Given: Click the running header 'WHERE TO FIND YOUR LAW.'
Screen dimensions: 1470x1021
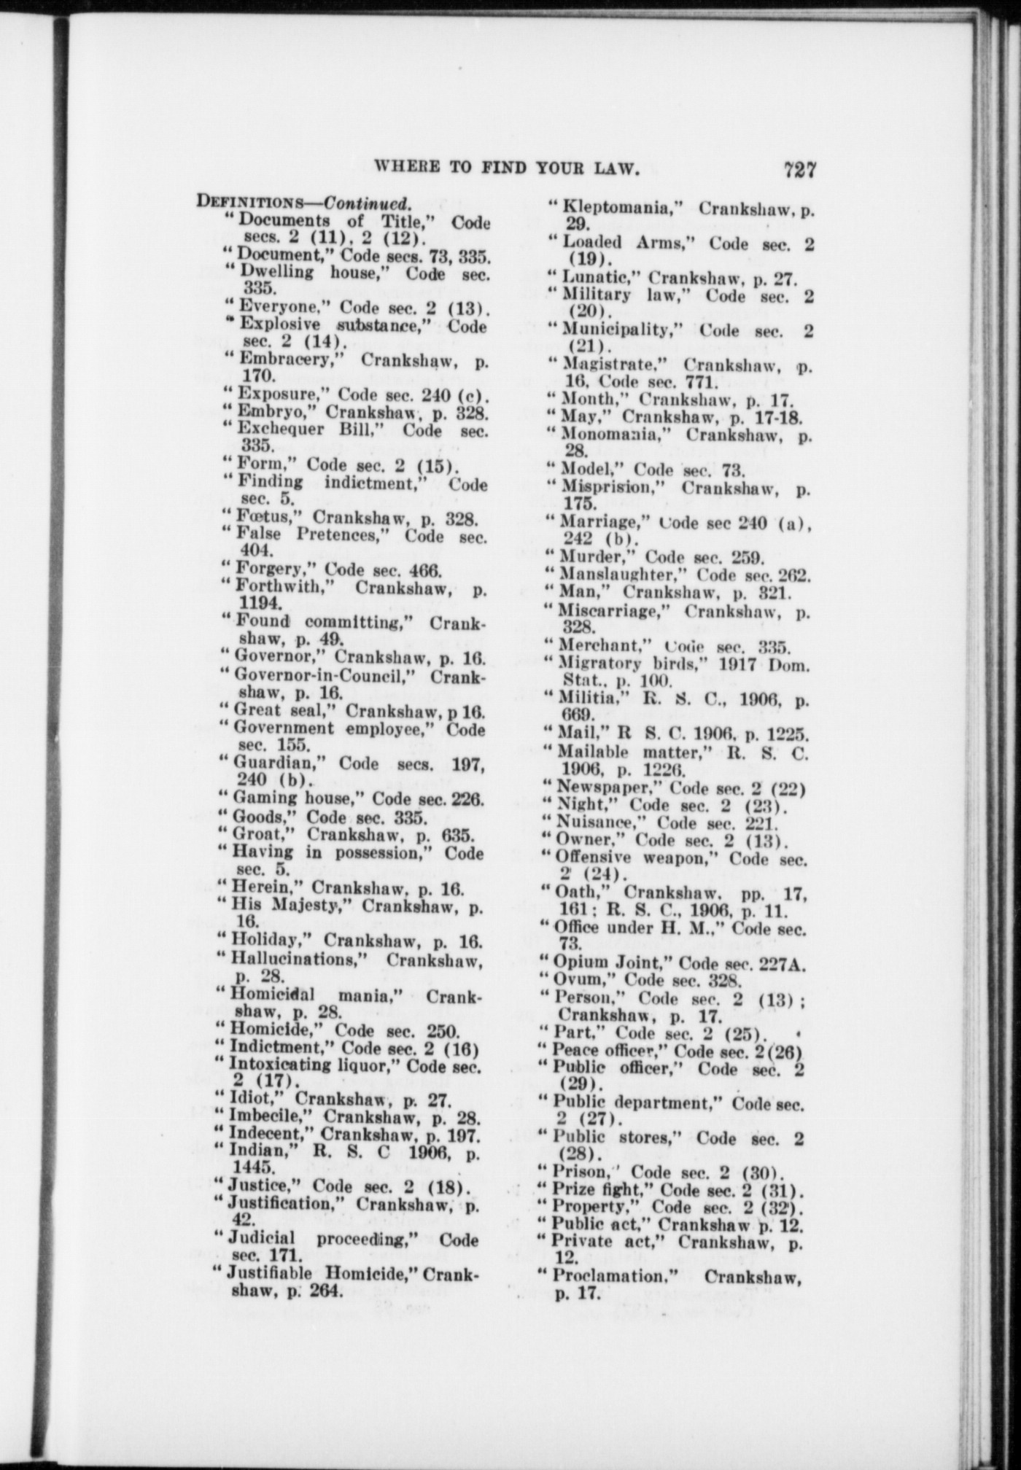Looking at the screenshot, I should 506,168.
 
